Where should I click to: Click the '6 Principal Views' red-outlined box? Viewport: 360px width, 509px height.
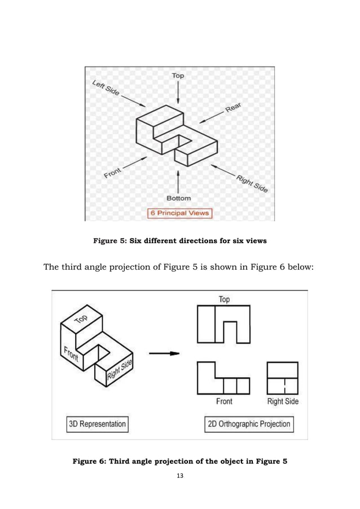tap(178, 213)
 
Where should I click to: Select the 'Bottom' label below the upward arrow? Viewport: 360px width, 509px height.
tap(178, 198)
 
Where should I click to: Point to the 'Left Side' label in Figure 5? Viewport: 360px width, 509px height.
tap(105, 88)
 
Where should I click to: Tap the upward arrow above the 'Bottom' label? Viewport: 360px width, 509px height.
tap(178, 181)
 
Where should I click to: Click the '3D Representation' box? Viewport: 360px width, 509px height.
tap(96, 423)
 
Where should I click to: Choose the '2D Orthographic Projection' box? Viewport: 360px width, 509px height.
tap(249, 424)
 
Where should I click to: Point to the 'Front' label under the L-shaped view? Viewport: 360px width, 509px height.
tap(224, 402)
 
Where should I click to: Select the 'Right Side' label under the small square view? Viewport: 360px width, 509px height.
tap(283, 402)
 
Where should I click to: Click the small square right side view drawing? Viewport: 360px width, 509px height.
tap(283, 378)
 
